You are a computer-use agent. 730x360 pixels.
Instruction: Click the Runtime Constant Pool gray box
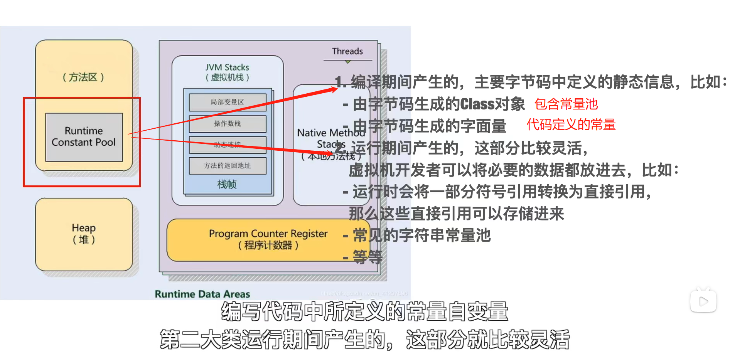(x=84, y=137)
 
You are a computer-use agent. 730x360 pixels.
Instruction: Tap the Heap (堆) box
(x=84, y=234)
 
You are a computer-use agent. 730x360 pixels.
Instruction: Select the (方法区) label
(x=83, y=77)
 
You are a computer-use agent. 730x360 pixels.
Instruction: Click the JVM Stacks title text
(x=227, y=67)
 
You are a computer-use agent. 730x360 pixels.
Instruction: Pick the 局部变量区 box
(x=227, y=102)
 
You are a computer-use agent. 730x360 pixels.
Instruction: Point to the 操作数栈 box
(x=227, y=124)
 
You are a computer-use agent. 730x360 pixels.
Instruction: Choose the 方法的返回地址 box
(x=227, y=166)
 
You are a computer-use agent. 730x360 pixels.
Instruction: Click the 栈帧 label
(x=227, y=184)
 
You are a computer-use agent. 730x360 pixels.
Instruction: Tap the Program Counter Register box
(x=268, y=239)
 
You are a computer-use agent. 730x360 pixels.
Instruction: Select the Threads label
(x=347, y=51)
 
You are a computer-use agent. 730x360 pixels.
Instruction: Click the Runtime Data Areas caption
(x=202, y=294)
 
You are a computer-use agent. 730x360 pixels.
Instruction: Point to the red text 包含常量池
(x=566, y=104)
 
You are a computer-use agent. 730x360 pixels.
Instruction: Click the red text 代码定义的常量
(x=571, y=125)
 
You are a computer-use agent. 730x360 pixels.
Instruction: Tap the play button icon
(x=703, y=301)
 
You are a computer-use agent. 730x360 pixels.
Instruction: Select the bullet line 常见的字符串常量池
(x=421, y=235)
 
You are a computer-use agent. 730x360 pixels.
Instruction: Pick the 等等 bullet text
(x=367, y=257)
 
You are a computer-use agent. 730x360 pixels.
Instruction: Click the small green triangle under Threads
(x=348, y=62)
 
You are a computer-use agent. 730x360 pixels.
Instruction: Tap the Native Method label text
(x=330, y=133)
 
